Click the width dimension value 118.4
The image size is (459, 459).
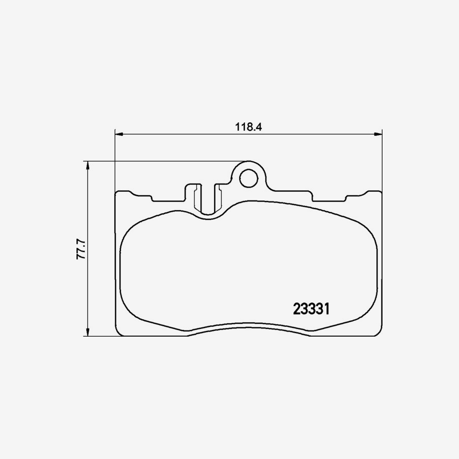[x=248, y=127]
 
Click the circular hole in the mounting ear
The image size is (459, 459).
[x=249, y=177]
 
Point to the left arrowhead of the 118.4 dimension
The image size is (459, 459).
[x=119, y=135]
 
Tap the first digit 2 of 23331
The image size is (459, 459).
[x=297, y=309]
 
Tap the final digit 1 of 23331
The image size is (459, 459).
[x=329, y=309]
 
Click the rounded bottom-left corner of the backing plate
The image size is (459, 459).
[x=119, y=333]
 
